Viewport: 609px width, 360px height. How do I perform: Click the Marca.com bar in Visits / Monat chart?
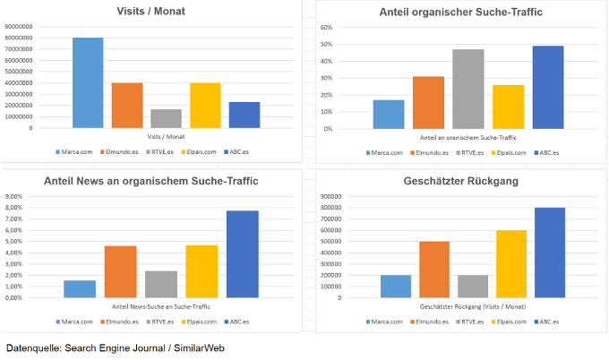(x=88, y=82)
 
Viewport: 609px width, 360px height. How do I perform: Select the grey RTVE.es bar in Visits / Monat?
(x=166, y=118)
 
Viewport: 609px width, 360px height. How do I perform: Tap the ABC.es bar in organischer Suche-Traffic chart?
(x=548, y=87)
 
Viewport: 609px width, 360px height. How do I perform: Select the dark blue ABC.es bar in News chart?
(x=243, y=253)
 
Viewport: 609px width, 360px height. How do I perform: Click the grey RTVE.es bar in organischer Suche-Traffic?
(x=469, y=89)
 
